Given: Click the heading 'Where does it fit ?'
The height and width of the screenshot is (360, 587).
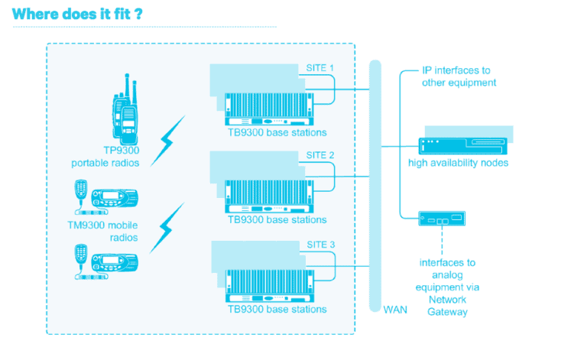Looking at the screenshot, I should [77, 14].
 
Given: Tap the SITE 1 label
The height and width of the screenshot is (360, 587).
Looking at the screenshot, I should [320, 68].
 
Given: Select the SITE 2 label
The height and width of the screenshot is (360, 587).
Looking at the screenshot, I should [320, 155].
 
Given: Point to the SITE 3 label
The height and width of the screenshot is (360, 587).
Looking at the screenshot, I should [320, 245].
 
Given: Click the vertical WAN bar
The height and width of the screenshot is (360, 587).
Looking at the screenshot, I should [375, 183].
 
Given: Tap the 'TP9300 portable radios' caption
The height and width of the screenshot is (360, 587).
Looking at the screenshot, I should [107, 157].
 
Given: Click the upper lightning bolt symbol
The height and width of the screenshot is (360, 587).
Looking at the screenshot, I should [168, 141].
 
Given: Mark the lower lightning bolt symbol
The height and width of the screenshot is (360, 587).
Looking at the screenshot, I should [168, 228].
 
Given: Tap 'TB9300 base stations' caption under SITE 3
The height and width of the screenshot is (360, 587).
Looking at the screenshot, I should [277, 310].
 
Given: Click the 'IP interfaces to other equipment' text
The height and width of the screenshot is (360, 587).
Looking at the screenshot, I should [459, 76].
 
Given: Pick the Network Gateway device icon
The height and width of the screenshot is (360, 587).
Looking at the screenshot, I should [441, 219].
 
